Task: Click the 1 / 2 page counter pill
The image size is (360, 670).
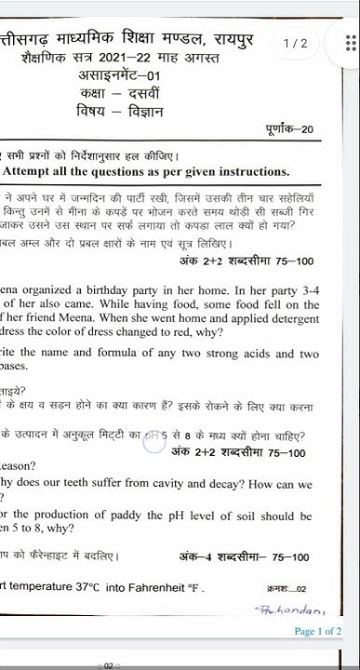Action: pyautogui.click(x=295, y=44)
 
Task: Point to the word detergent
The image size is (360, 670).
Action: pyautogui.click(x=286, y=323)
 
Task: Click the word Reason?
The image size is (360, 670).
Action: pyautogui.click(x=18, y=465)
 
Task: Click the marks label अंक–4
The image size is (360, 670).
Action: pyautogui.click(x=196, y=557)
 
